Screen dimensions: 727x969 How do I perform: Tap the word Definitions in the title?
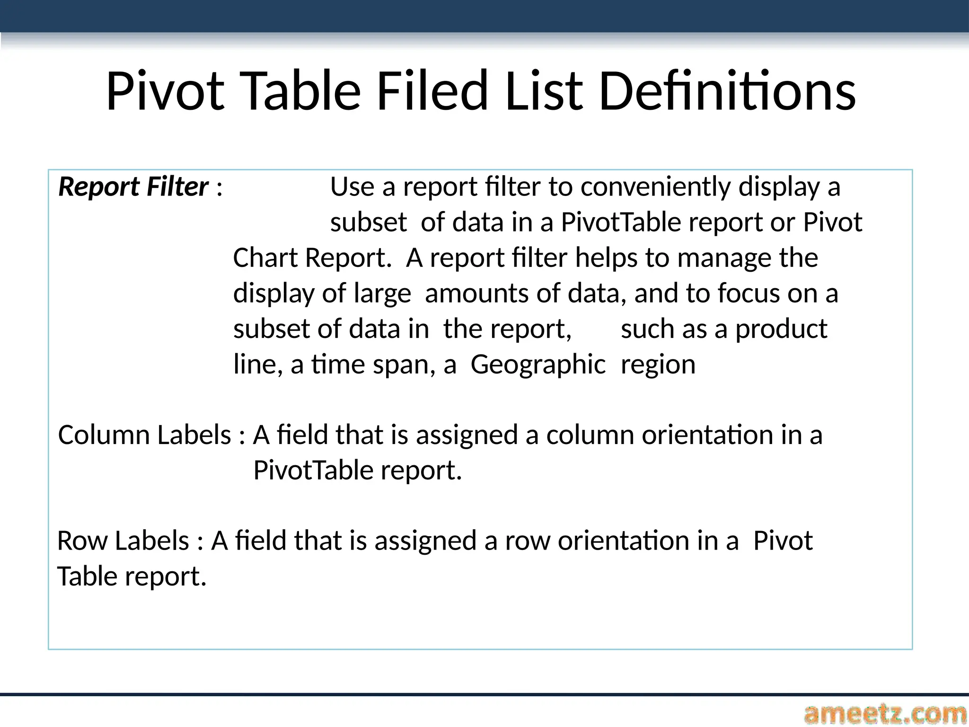click(x=727, y=91)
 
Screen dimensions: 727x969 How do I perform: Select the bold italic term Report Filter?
click(x=133, y=186)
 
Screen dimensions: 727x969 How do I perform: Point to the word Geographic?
click(x=538, y=364)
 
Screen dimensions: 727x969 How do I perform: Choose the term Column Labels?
click(x=144, y=435)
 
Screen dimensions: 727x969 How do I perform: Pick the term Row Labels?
click(x=123, y=541)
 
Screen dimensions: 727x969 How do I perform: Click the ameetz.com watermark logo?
click(x=884, y=714)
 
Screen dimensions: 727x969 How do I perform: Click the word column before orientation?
click(x=590, y=435)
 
